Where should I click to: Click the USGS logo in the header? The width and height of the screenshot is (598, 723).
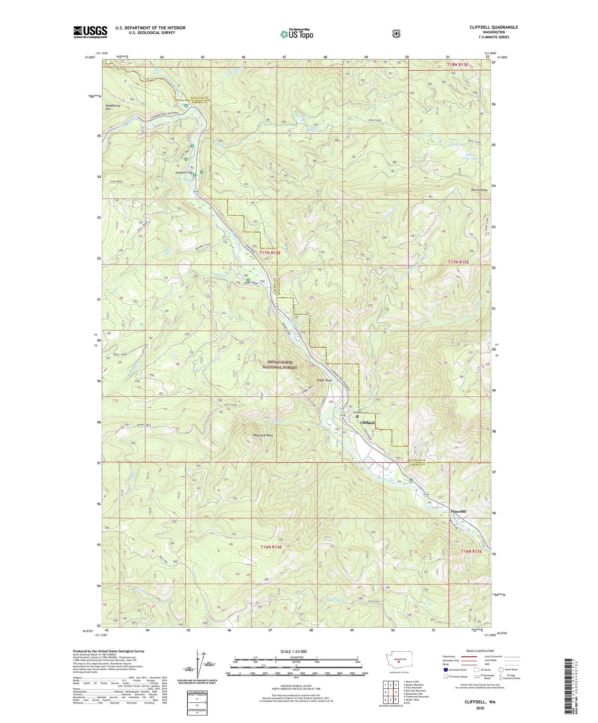(x=90, y=32)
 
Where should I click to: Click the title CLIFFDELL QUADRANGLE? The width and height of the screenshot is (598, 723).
(x=494, y=27)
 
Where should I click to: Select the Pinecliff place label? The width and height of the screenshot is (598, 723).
(x=458, y=511)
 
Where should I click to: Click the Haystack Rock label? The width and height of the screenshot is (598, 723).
(x=263, y=435)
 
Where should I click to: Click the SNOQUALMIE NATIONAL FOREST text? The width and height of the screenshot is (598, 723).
(x=282, y=364)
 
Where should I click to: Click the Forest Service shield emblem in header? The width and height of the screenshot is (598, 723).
(x=396, y=34)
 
